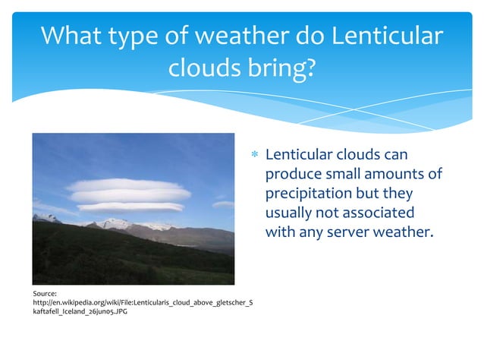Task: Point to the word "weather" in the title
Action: click(228, 36)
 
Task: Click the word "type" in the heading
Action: click(145, 36)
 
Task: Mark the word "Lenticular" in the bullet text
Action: click(303, 155)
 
